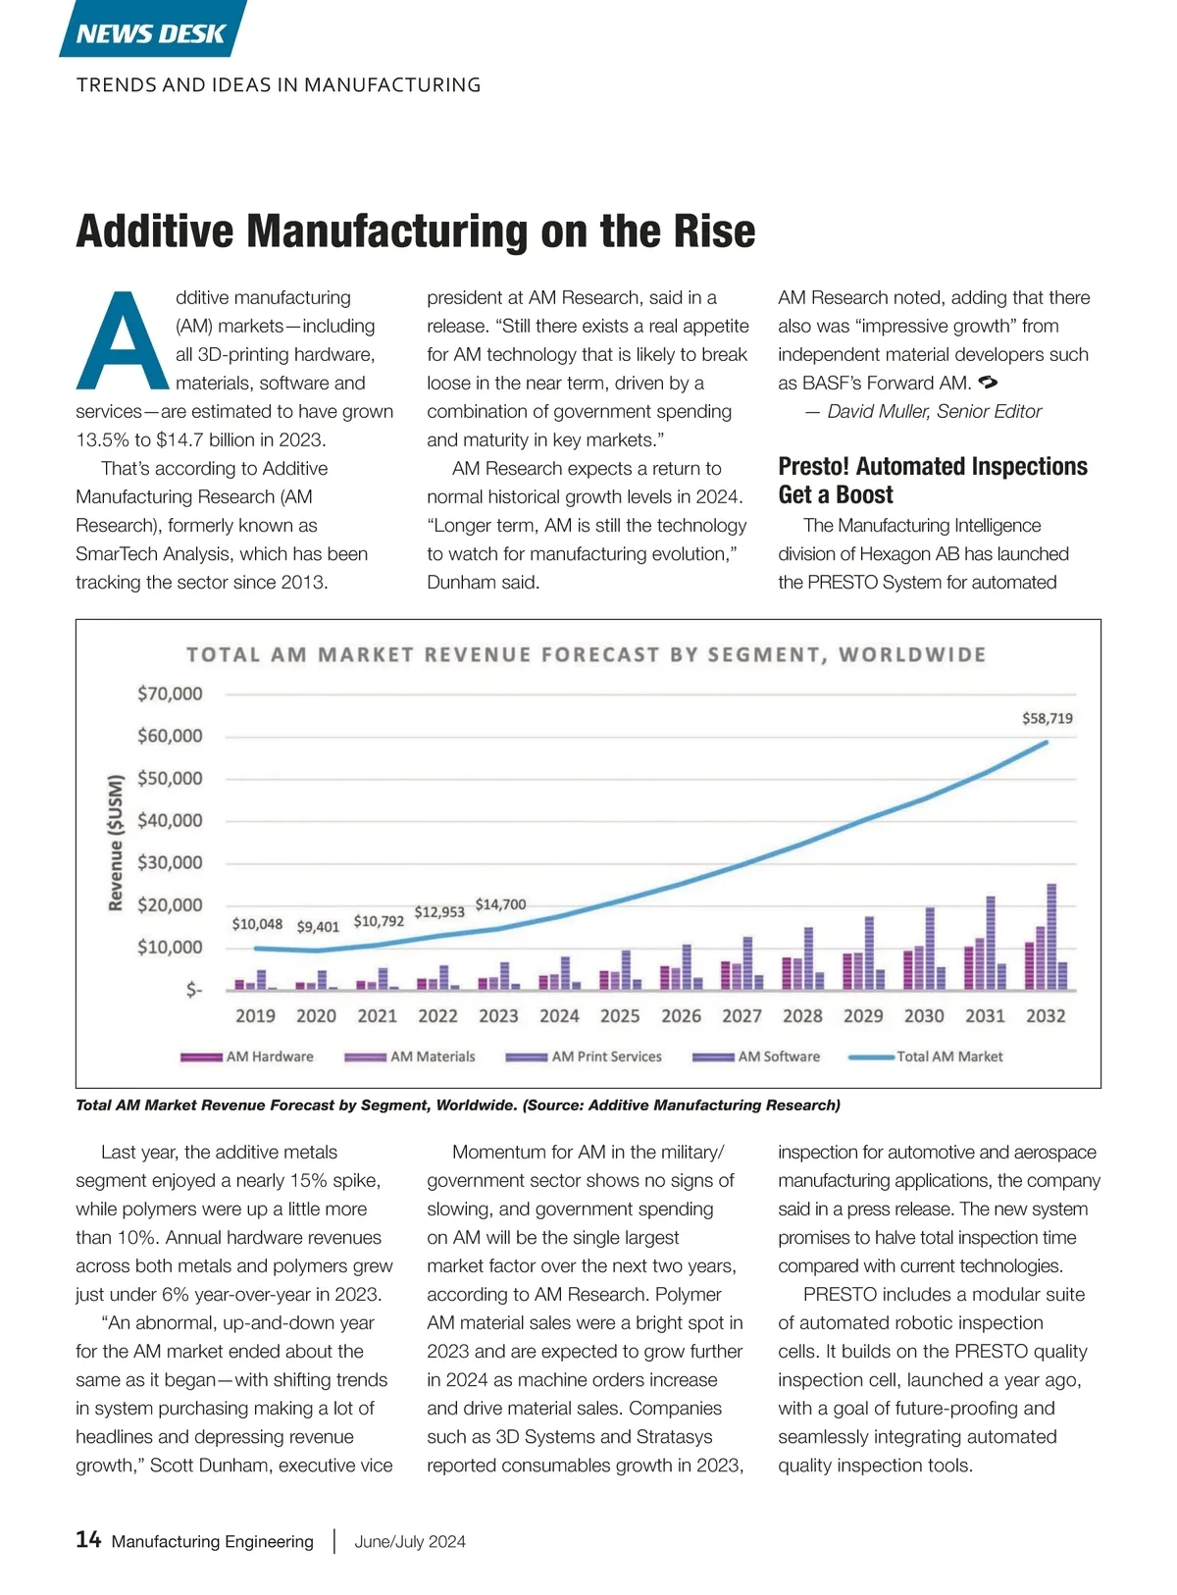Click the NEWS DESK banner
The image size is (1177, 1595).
pyautogui.click(x=151, y=33)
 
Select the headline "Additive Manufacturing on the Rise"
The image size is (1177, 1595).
pyautogui.click(x=416, y=232)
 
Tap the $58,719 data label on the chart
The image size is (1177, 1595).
pyautogui.click(x=1048, y=718)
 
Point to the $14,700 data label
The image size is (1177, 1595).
pyautogui.click(x=500, y=904)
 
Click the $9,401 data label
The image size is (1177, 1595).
pyautogui.click(x=318, y=926)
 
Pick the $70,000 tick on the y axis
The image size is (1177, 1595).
pyautogui.click(x=170, y=694)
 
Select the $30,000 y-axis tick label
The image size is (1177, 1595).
pyautogui.click(x=170, y=862)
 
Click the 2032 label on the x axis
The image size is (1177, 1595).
pyautogui.click(x=1046, y=1016)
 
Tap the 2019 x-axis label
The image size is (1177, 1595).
pyautogui.click(x=255, y=1016)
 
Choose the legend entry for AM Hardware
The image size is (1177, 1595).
pyautogui.click(x=247, y=1056)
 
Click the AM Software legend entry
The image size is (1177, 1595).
pyautogui.click(x=756, y=1056)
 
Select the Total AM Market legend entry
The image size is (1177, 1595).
pyautogui.click(x=926, y=1056)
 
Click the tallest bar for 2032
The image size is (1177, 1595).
pyautogui.click(x=1051, y=937)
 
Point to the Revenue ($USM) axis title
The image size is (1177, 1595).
pyautogui.click(x=116, y=843)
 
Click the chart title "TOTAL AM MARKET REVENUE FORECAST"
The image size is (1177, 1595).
pyautogui.click(x=586, y=654)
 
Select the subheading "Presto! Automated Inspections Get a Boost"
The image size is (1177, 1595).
pyautogui.click(x=933, y=480)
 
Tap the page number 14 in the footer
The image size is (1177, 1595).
pyautogui.click(x=88, y=1539)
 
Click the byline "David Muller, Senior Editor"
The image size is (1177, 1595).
pyautogui.click(x=933, y=411)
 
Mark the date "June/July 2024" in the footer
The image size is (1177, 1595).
pyautogui.click(x=410, y=1541)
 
